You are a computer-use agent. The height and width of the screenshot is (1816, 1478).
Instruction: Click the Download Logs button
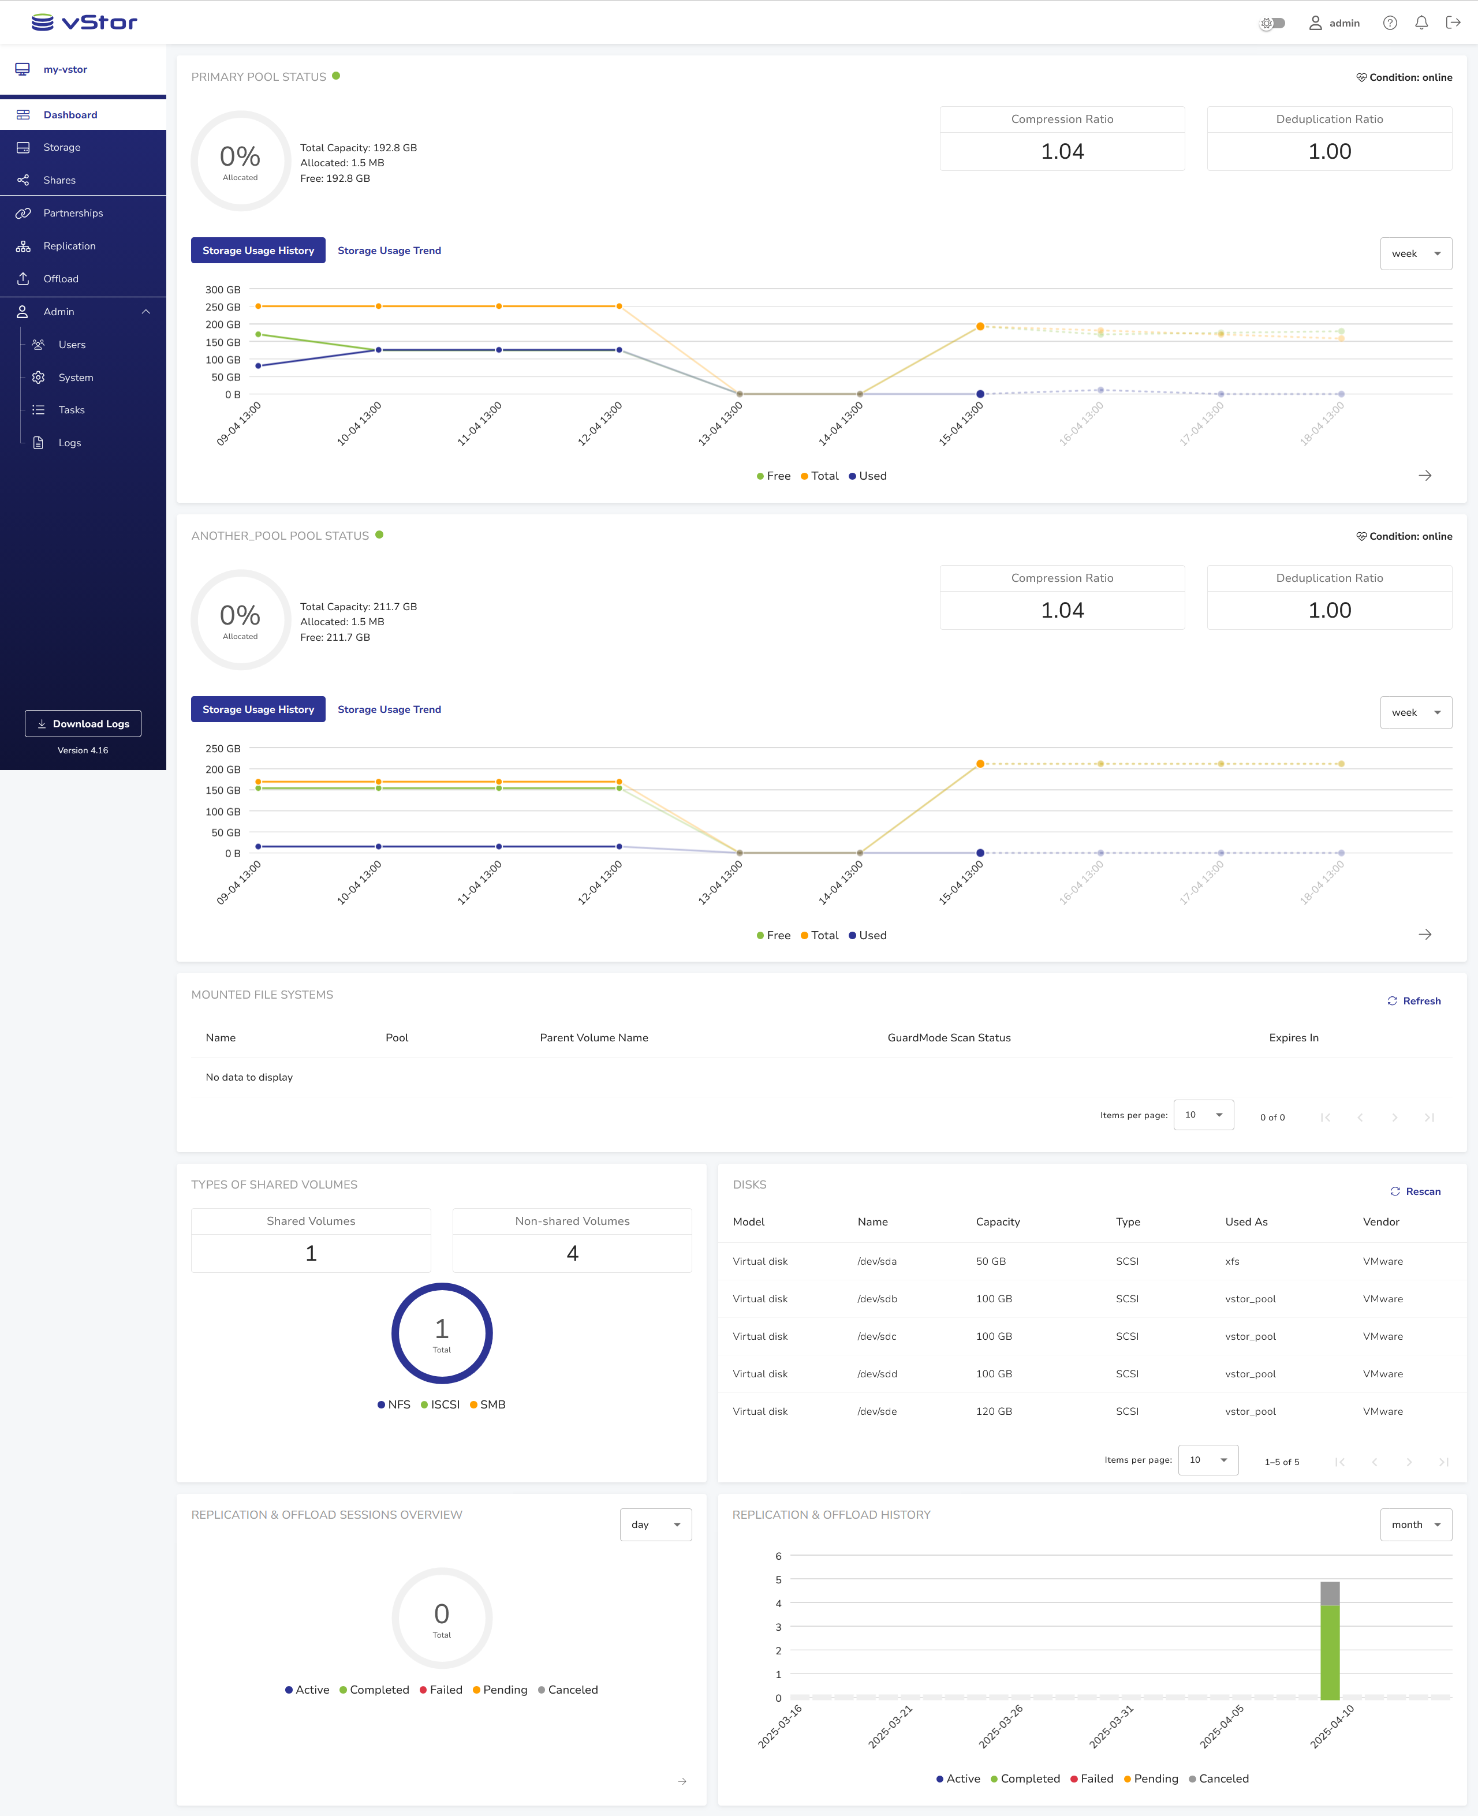pos(83,724)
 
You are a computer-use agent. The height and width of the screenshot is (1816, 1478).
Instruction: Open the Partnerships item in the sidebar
pos(73,213)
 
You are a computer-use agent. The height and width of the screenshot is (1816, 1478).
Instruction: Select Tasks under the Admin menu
pos(72,409)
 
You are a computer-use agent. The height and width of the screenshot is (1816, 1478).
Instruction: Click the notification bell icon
pos(1421,23)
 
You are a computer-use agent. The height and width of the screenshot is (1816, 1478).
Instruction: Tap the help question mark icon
pos(1390,23)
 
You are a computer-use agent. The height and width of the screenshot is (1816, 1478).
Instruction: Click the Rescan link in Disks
pos(1415,1191)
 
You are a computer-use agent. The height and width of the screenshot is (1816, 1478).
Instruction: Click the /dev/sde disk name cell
pos(877,1411)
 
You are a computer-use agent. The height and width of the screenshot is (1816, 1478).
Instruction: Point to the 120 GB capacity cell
pos(994,1411)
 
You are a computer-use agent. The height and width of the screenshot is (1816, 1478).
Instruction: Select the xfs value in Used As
pos(1232,1261)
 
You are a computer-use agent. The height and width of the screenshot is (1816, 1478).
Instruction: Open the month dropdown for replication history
pos(1415,1524)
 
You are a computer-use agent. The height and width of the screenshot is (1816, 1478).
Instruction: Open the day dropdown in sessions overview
pos(655,1524)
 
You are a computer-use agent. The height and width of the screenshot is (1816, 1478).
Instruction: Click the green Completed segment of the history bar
pos(1330,1651)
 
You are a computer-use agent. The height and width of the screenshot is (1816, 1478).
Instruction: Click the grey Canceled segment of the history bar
pos(1330,1593)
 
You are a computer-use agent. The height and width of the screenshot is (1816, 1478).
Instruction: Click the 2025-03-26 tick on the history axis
pos(1001,1726)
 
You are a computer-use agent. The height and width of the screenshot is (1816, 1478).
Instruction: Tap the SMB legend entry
pos(488,1404)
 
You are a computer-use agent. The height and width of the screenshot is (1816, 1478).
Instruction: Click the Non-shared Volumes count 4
pos(572,1253)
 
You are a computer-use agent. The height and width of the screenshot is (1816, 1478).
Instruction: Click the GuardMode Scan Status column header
pos(949,1037)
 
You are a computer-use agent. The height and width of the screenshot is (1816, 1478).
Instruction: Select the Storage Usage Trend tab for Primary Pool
pos(389,251)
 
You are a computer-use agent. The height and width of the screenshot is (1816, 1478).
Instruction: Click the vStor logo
pos(84,22)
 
